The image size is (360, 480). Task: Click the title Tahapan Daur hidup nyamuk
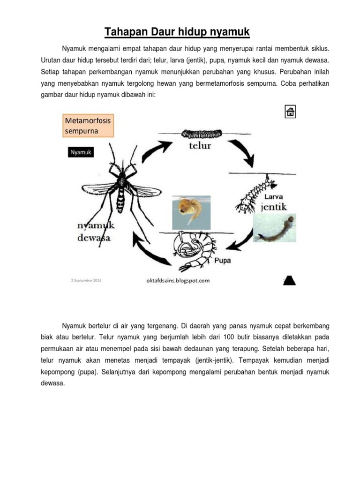(177, 32)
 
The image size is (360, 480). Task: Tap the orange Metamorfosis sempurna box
(88, 126)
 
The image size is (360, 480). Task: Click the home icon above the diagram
(290, 112)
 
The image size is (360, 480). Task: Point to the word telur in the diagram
(200, 146)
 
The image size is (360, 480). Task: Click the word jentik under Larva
(274, 207)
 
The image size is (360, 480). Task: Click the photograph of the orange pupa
(191, 212)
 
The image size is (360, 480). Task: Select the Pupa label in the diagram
(223, 261)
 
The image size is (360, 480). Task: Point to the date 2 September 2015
(86, 280)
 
